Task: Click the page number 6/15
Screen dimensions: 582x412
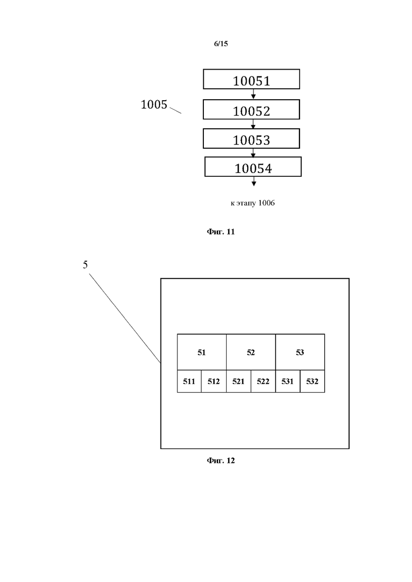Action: click(x=221, y=44)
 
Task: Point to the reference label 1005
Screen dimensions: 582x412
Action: click(x=154, y=104)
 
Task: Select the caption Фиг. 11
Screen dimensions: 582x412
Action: click(x=220, y=232)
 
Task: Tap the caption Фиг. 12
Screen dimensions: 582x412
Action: click(x=220, y=461)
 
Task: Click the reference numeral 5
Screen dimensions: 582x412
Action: click(x=85, y=265)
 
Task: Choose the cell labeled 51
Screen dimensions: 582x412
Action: click(x=201, y=352)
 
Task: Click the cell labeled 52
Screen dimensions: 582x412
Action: click(x=251, y=352)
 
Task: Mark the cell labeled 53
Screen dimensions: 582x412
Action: click(x=300, y=352)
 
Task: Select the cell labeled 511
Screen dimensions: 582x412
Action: click(x=189, y=381)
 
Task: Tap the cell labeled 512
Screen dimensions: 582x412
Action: click(x=213, y=381)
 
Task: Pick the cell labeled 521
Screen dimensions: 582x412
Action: click(x=238, y=381)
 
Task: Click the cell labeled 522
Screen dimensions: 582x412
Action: click(x=263, y=381)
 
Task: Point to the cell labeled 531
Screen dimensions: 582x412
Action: click(x=287, y=381)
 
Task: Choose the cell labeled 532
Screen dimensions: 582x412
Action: click(x=312, y=381)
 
